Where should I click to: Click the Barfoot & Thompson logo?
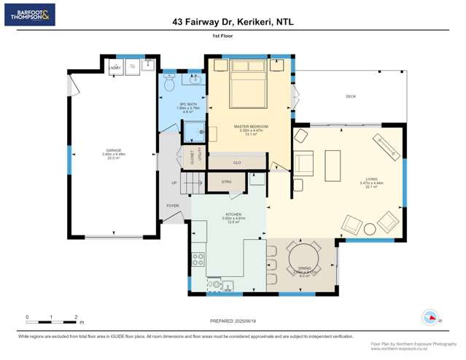(x=29, y=15)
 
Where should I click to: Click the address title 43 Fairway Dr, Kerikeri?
(x=233, y=23)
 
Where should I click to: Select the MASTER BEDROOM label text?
(x=250, y=127)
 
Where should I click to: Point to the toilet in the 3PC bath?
(x=169, y=84)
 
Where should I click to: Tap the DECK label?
(x=350, y=96)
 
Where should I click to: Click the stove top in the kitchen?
(x=198, y=259)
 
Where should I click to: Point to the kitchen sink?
(x=227, y=285)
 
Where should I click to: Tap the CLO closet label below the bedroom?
(x=237, y=162)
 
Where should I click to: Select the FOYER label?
(x=172, y=206)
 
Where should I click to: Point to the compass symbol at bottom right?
(x=430, y=318)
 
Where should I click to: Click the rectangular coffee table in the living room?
(x=333, y=165)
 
